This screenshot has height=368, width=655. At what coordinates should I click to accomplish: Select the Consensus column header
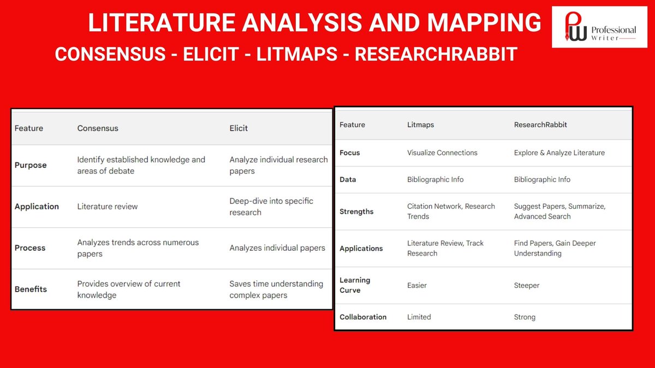(x=98, y=128)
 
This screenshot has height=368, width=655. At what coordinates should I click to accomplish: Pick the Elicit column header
(x=239, y=128)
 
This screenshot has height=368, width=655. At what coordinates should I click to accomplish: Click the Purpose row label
(x=31, y=165)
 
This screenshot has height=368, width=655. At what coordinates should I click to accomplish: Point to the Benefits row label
(x=31, y=289)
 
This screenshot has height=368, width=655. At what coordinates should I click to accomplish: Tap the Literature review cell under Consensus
(x=108, y=207)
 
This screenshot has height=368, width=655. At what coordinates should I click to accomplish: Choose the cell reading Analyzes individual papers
(x=277, y=248)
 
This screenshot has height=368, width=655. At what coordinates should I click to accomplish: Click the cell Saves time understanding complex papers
(x=276, y=289)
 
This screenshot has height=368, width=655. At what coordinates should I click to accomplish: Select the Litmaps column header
(x=421, y=125)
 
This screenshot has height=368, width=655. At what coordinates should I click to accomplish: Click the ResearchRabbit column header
(x=540, y=125)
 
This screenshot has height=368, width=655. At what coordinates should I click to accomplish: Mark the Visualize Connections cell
(x=442, y=153)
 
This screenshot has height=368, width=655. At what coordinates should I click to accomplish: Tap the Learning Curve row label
(x=355, y=285)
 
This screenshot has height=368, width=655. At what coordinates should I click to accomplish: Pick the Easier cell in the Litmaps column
(x=417, y=285)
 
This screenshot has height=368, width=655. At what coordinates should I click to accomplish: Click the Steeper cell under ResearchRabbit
(x=527, y=285)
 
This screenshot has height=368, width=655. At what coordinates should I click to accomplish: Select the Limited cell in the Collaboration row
(x=419, y=317)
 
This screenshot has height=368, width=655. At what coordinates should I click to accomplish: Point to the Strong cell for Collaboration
(x=525, y=317)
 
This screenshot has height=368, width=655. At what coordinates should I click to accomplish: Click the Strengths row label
(x=356, y=212)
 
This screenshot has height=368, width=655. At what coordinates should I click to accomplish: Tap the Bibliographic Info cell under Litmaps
(x=436, y=179)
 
